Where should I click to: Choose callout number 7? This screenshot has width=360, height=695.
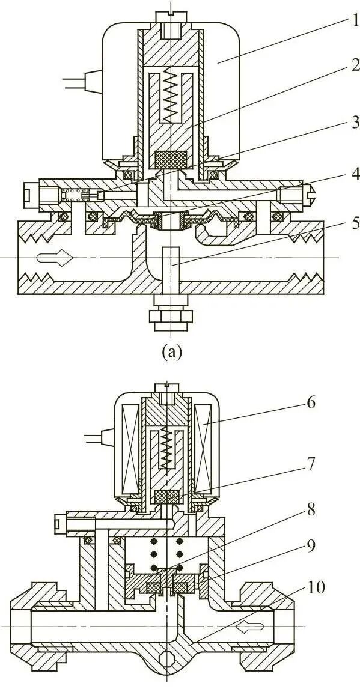pos(310,464)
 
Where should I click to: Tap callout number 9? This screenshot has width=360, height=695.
pos(311,545)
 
